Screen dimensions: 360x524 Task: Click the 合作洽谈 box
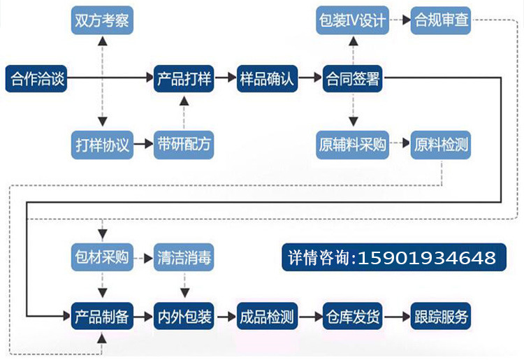point(36,78)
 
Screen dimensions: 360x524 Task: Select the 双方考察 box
point(102,20)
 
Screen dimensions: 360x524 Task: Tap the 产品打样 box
point(184,78)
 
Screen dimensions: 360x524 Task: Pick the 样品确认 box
point(267,78)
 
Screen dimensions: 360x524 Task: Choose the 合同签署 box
point(351,78)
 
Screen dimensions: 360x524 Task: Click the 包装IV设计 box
point(351,20)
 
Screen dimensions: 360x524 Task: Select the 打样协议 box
point(102,145)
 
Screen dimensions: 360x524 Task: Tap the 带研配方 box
point(184,145)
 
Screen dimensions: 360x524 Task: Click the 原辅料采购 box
point(351,145)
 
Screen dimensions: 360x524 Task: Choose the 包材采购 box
point(102,257)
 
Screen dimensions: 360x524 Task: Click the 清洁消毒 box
point(184,257)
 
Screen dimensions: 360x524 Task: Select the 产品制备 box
point(102,317)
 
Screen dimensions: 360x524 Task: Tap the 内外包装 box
point(184,317)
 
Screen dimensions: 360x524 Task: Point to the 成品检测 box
point(267,317)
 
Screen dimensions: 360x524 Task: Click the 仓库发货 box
point(351,317)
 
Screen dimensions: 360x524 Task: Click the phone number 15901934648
point(426,258)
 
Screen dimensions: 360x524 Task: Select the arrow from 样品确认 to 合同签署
point(309,78)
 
